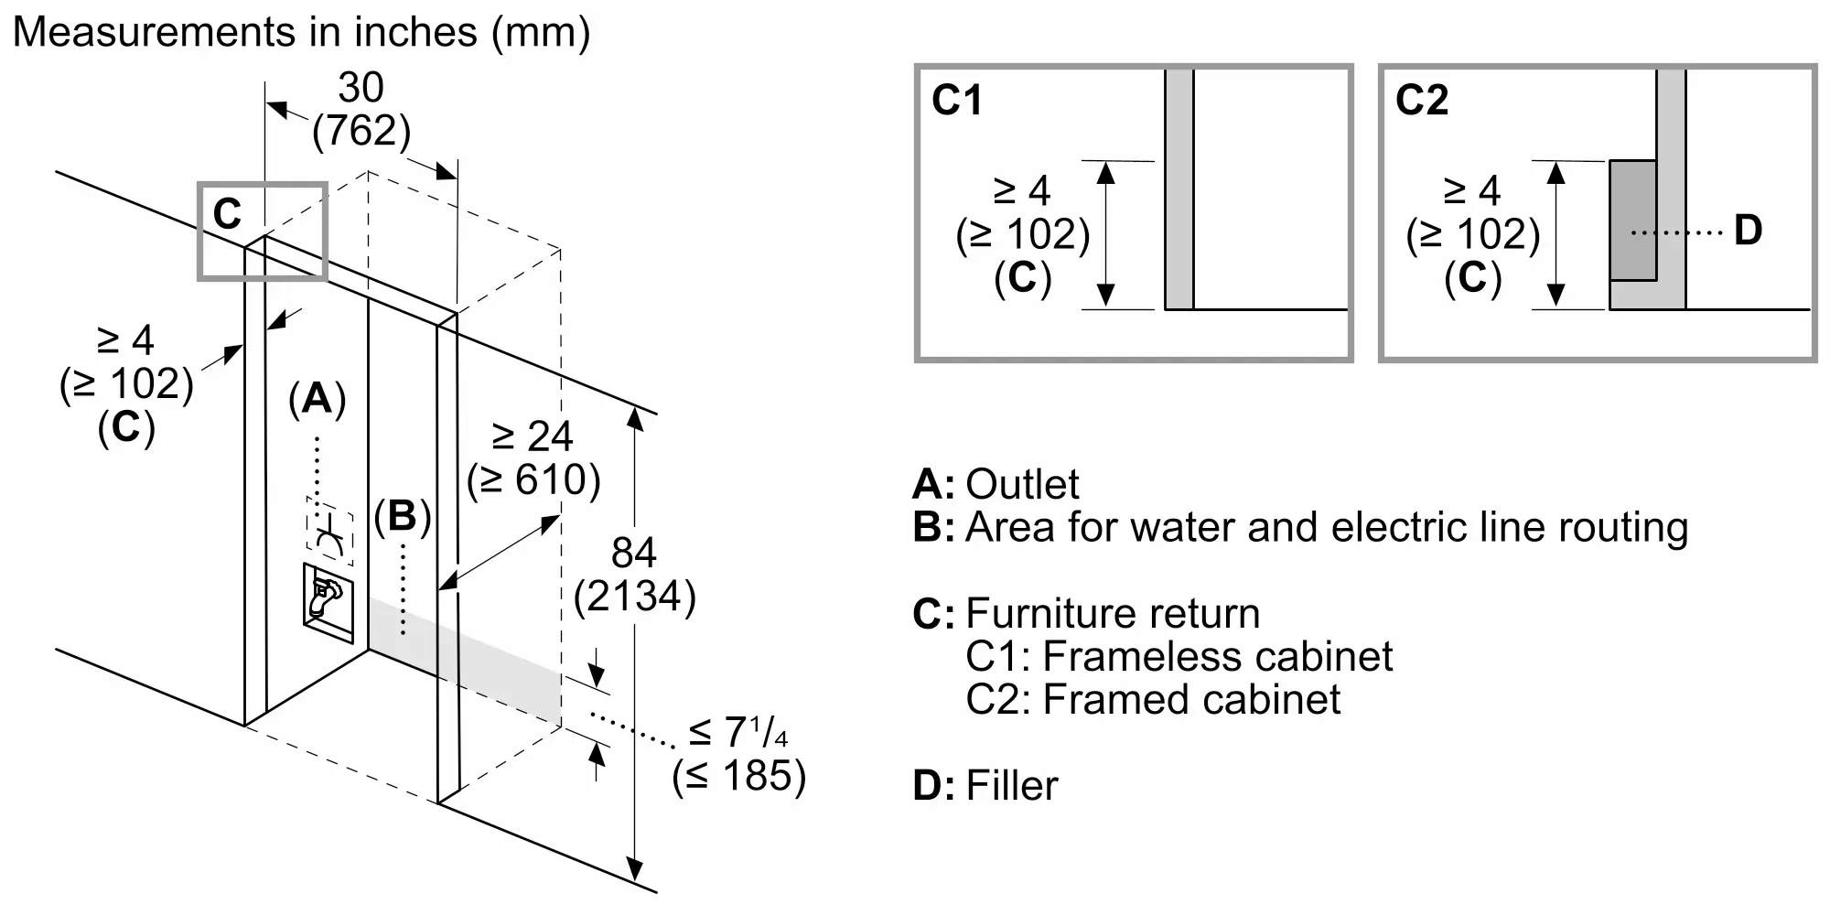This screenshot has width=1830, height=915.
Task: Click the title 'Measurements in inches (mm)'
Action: pos(301,33)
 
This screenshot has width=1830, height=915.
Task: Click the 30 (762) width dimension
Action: pos(361,110)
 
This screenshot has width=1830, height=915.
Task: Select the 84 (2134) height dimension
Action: pos(635,575)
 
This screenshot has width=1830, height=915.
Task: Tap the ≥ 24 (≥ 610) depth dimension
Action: pos(533,458)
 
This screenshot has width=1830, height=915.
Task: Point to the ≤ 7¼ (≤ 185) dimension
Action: pos(739,755)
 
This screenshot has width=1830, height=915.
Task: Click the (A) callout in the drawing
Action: pos(318,399)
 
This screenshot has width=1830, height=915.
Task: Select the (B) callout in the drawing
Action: pos(403,517)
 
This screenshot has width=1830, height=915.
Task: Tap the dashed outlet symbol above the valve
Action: pos(329,528)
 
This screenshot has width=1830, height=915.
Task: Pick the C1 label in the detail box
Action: pos(956,100)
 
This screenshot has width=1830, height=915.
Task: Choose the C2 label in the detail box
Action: pos(1422,100)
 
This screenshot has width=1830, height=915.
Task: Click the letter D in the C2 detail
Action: pos(1748,230)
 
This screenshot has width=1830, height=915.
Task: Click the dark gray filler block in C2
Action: pos(1633,221)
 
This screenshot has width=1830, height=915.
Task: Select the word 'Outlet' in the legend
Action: pos(1023,484)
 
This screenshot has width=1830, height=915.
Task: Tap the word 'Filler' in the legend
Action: pos(1012,785)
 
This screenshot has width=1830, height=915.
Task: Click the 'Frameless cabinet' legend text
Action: pos(1217,656)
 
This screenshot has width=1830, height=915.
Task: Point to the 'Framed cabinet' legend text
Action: pos(1191,699)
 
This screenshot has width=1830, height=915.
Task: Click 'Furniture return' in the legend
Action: pos(1113,613)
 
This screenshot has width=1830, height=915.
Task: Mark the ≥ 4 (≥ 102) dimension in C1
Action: pos(1023,235)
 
